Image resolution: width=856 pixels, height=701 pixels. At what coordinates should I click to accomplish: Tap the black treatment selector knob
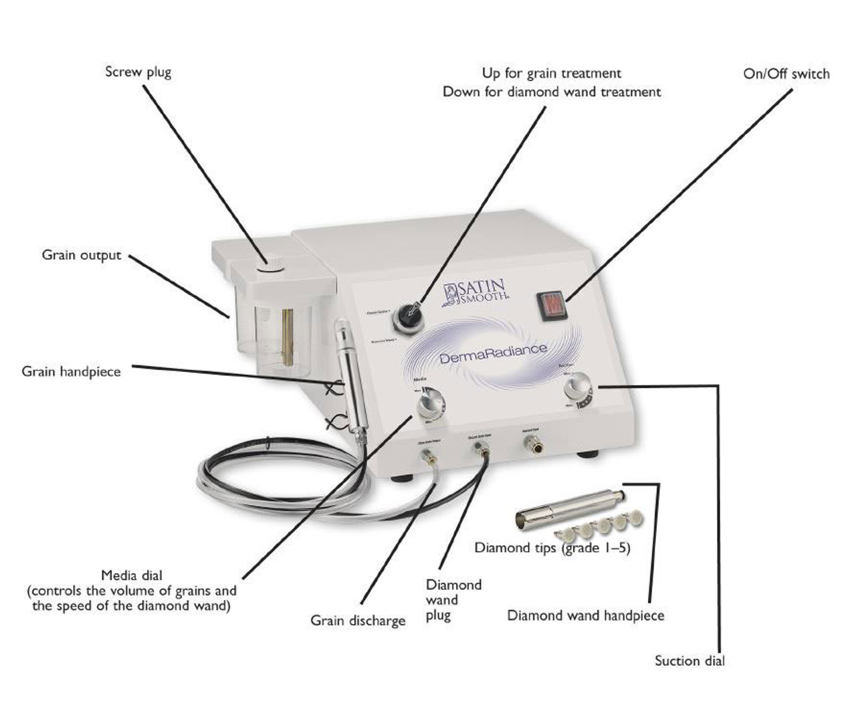(409, 315)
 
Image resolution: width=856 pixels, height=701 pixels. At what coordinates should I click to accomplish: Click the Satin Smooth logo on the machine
(475, 292)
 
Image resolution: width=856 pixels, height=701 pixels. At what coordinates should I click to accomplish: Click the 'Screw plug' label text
(138, 72)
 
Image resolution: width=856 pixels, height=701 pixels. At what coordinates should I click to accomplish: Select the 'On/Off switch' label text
(786, 74)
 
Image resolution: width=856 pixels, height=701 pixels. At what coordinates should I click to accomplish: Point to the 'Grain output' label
(82, 255)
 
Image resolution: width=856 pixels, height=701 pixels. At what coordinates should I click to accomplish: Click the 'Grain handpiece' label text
(71, 371)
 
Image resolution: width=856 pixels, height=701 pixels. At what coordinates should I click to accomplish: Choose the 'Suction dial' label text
(689, 661)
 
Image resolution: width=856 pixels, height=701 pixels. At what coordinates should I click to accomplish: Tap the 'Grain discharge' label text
(358, 621)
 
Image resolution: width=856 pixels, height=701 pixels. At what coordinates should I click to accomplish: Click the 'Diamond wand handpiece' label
(586, 615)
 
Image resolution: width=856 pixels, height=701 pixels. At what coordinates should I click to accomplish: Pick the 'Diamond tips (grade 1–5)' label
(552, 548)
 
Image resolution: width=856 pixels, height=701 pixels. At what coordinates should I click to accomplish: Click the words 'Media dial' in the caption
(132, 575)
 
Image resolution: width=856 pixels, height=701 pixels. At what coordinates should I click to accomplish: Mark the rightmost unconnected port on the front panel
(532, 441)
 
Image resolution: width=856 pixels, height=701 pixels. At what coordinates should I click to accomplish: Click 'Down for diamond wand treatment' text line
(552, 92)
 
